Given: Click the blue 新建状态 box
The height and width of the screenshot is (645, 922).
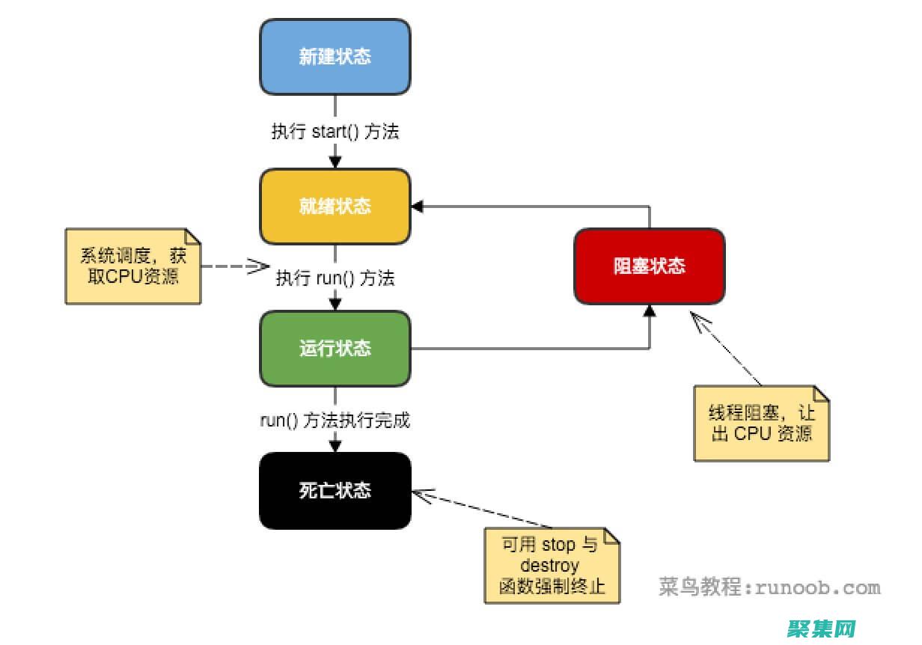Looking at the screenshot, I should point(335,57).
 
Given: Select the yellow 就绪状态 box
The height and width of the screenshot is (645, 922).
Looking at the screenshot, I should point(335,206).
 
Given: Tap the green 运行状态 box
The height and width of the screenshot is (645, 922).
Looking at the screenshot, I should point(335,349).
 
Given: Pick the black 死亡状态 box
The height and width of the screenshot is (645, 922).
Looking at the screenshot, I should point(335,491).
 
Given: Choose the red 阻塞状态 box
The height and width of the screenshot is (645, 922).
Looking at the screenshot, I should point(649,266).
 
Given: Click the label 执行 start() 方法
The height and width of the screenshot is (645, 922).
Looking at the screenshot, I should point(335,132).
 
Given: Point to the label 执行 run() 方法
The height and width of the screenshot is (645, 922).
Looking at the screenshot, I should point(335,278).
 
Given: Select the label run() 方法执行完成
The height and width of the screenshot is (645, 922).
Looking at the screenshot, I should point(335,421).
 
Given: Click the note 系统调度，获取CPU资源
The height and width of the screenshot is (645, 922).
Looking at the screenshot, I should point(133,266).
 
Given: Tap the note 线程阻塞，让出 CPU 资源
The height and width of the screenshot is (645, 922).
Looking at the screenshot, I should point(762,423).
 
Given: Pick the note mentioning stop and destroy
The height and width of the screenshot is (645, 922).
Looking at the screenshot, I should point(552,565).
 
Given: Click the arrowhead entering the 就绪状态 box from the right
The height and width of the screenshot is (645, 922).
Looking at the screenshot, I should point(417,206).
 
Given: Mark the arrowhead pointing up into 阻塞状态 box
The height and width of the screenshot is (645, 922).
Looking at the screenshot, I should point(649,310).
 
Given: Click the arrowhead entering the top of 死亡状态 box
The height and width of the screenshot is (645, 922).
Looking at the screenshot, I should point(335,446).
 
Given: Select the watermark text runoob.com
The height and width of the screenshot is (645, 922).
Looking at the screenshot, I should point(818,587).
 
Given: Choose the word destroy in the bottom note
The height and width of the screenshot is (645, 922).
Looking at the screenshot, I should point(549,565).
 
